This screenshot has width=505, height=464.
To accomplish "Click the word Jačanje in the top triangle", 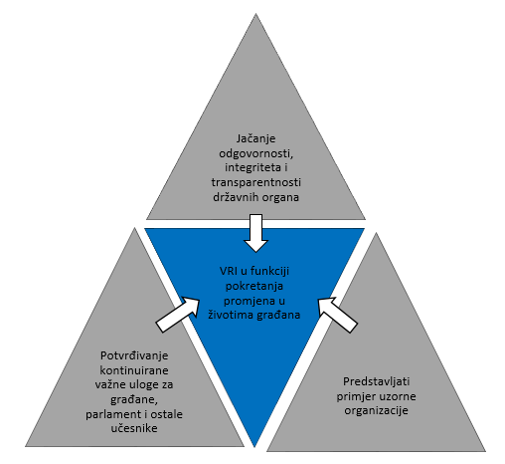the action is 255,138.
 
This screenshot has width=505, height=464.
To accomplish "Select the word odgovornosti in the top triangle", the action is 256,153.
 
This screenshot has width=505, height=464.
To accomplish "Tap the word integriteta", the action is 252,167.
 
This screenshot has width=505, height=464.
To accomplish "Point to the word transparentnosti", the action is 256,182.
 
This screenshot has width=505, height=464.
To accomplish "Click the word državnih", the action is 234,197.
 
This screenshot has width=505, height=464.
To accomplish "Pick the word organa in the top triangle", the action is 278,198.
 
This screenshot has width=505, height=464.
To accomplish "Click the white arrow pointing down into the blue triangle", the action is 255,233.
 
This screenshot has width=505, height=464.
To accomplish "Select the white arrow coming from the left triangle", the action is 178,314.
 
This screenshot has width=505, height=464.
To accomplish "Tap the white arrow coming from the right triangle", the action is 337,315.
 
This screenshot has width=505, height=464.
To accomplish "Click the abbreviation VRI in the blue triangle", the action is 229,271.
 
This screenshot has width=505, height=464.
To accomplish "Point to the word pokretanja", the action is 254,286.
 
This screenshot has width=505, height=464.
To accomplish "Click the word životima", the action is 230,315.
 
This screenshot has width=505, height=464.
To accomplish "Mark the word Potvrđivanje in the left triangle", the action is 134,355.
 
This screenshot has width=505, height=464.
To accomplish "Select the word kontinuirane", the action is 134,370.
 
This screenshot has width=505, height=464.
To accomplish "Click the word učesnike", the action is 134,428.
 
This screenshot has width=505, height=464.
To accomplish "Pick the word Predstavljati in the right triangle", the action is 376,381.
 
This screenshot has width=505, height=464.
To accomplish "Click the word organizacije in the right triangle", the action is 376,411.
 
